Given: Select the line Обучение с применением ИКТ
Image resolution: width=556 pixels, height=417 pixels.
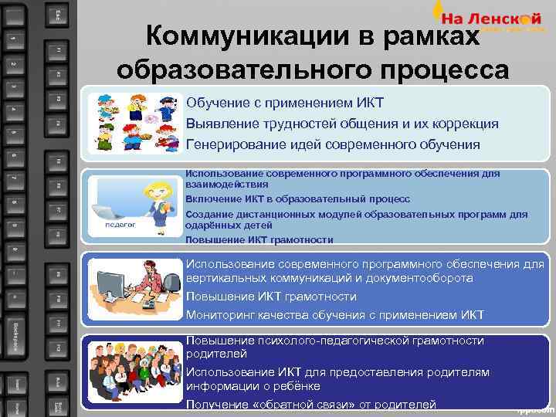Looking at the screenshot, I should pos(286,103).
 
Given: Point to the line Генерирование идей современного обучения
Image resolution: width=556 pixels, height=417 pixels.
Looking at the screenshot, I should pos(333,144).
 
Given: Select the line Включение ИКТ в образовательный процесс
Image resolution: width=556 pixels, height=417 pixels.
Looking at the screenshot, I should pos(298,199).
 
